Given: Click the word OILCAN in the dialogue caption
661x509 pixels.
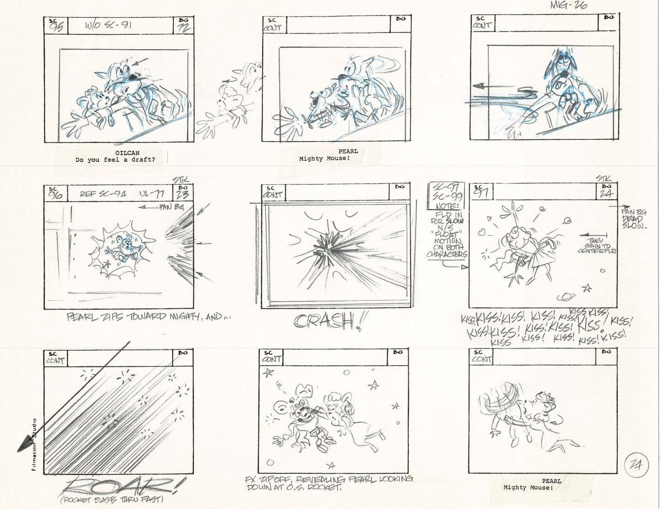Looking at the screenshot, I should pos(128,153).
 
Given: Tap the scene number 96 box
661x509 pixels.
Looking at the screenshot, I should pos(55,193).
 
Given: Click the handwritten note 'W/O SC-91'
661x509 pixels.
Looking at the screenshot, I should pos(108,25).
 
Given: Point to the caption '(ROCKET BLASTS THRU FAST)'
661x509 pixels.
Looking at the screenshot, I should pos(112,499).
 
